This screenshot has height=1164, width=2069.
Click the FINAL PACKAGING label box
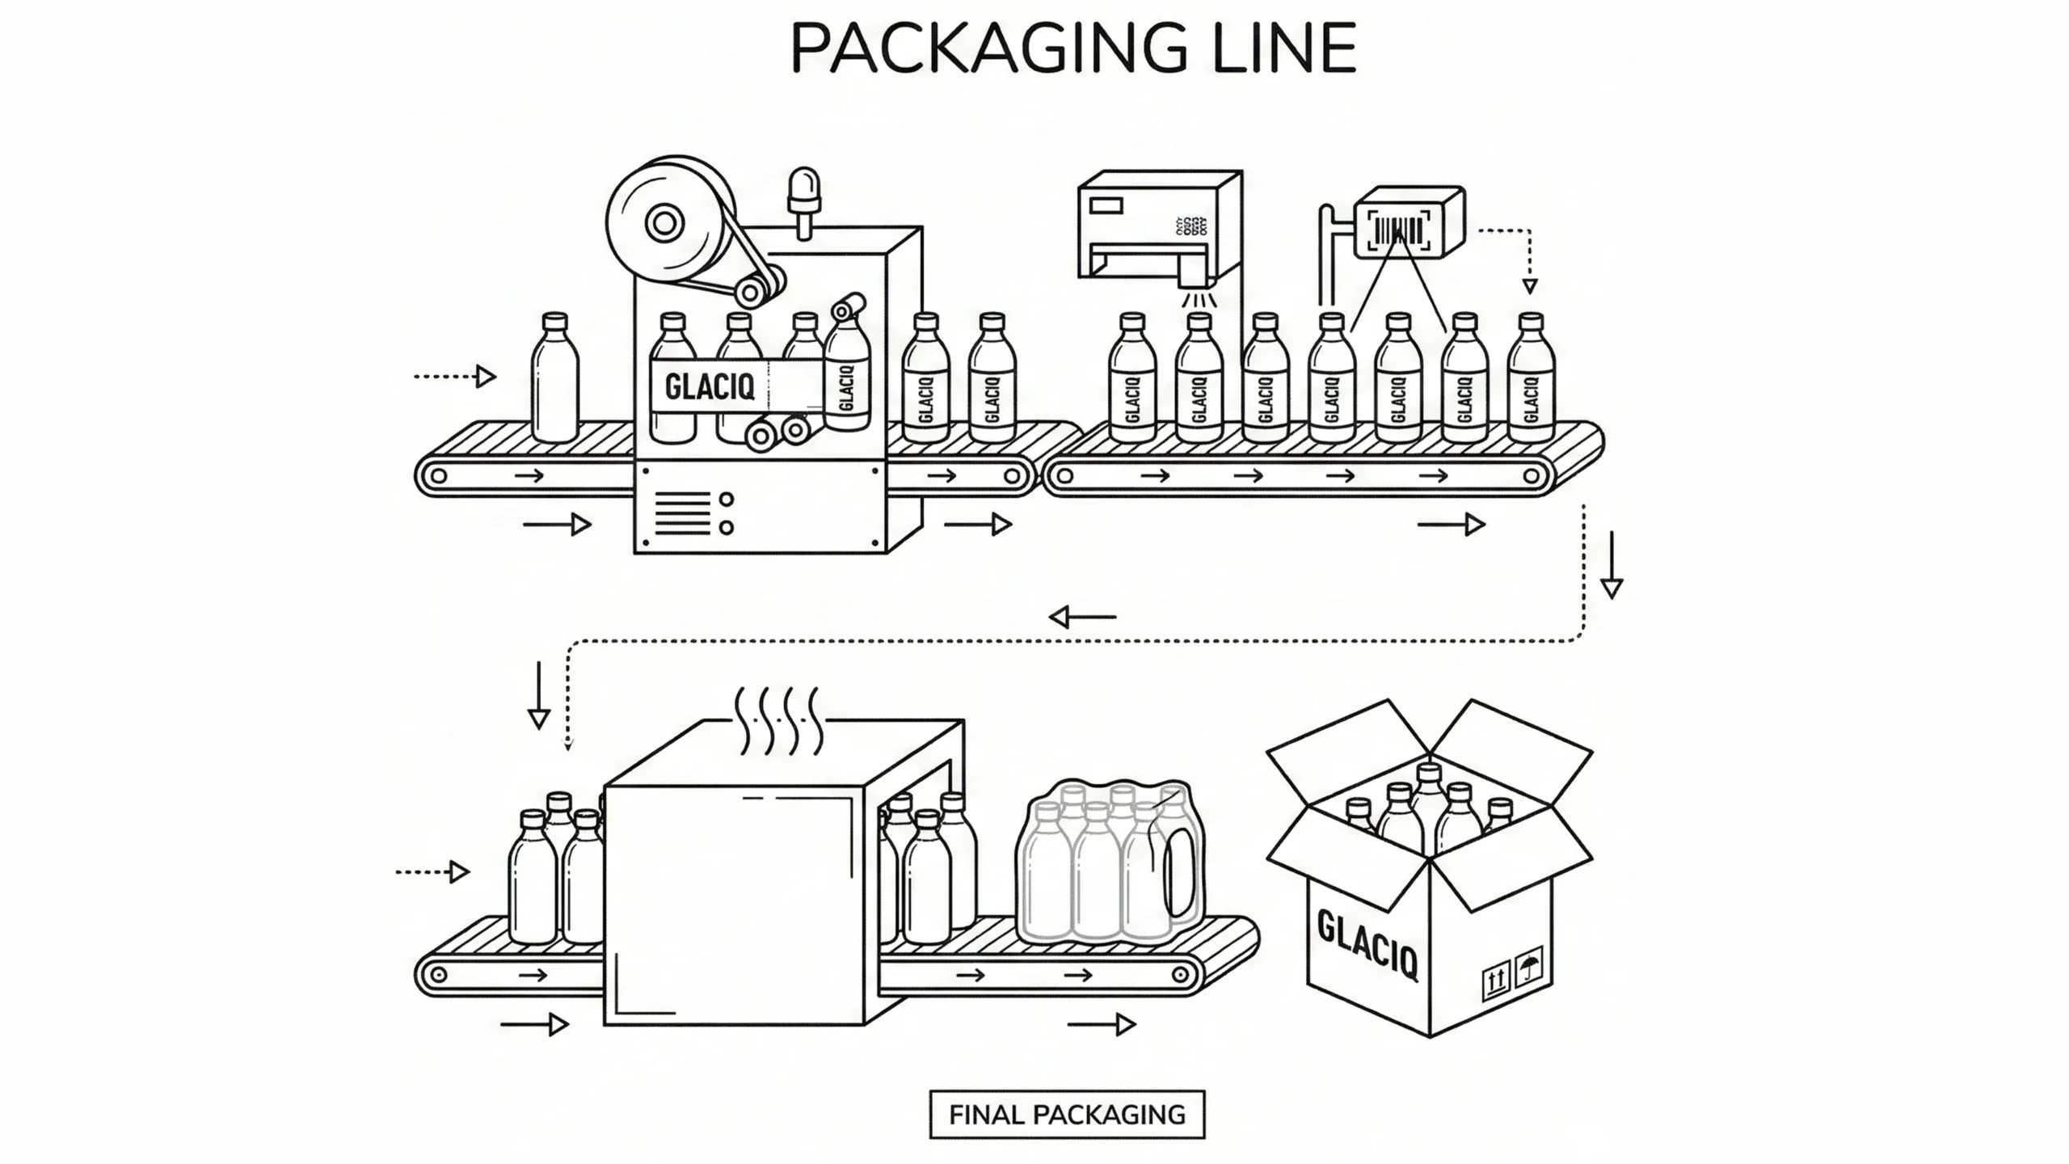tap(1067, 1115)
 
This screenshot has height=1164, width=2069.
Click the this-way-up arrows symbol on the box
tap(1496, 981)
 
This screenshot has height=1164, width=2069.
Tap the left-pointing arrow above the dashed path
tap(1082, 618)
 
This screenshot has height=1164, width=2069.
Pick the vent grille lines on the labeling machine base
tap(682, 512)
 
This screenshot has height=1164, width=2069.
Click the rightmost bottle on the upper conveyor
tap(1531, 380)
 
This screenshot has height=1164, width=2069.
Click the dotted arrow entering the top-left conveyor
tap(454, 377)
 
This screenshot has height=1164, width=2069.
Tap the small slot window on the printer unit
tap(1106, 205)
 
